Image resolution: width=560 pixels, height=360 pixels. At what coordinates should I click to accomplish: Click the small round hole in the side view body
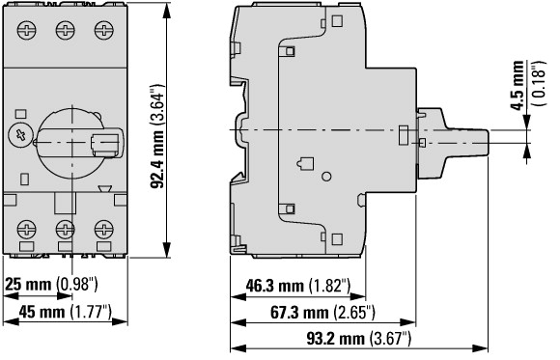[x=325, y=176]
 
